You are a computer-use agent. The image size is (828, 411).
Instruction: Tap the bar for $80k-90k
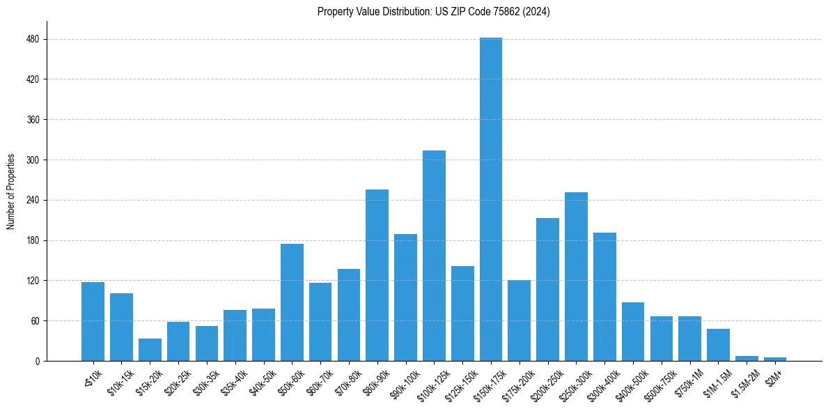coord(377,275)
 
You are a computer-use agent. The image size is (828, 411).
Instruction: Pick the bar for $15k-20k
coord(150,350)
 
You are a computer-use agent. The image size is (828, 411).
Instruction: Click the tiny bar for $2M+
coord(775,359)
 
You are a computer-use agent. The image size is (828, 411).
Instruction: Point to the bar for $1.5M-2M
coord(747,358)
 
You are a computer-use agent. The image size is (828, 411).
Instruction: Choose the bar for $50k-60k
coord(292,302)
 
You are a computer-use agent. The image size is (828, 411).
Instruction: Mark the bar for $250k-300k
coord(576,277)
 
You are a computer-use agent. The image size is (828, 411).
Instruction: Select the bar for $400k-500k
coord(633,332)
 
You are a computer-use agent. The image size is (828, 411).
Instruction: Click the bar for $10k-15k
coord(121,327)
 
